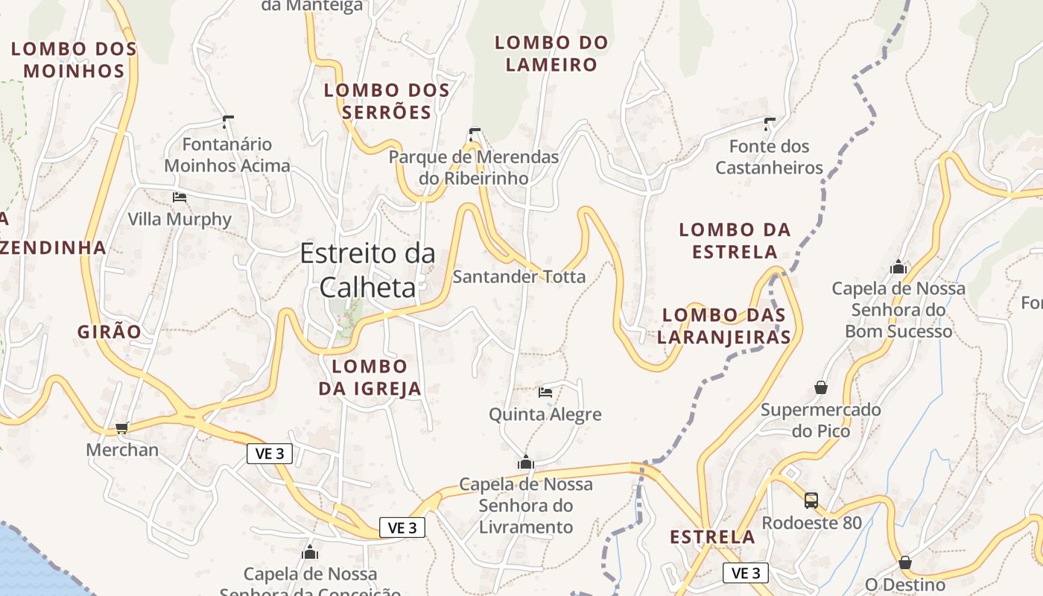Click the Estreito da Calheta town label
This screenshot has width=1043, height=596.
click(368, 270)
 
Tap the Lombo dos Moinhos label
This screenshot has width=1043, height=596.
click(74, 60)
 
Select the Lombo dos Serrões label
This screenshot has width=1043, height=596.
click(387, 101)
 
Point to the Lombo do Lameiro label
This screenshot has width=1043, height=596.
click(551, 54)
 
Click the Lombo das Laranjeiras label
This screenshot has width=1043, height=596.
click(725, 326)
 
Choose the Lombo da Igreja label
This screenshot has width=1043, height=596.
click(370, 377)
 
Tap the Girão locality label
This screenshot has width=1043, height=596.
click(109, 332)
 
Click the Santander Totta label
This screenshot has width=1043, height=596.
click(519, 277)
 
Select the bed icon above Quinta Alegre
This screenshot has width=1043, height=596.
click(545, 392)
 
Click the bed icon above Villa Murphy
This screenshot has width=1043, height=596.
click(180, 197)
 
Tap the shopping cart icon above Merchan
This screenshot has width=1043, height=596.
click(122, 428)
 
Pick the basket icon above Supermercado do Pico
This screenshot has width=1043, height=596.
click(821, 387)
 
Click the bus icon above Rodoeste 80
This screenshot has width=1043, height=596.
click(811, 501)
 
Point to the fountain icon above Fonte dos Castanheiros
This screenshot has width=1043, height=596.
click(770, 124)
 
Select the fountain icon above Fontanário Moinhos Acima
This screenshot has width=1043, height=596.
click(228, 121)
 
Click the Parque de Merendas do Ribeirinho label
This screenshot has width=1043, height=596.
click(474, 168)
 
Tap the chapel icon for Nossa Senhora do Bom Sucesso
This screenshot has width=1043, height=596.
click(898, 267)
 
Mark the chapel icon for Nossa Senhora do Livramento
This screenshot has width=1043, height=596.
click(526, 462)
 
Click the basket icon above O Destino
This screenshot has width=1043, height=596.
click(905, 562)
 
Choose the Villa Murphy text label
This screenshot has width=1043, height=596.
click(180, 220)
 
